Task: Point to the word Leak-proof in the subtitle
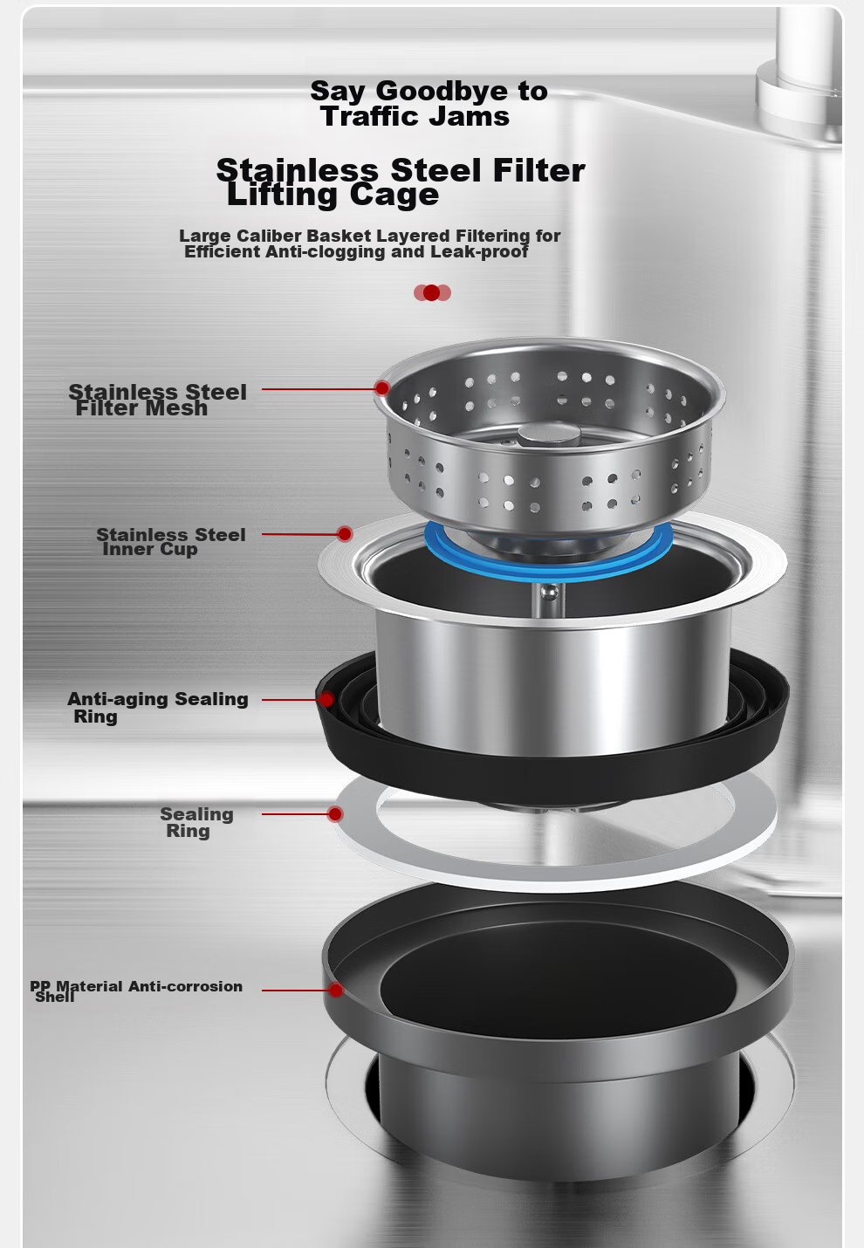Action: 479,252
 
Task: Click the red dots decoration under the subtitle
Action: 432,292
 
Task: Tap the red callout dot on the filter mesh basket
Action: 382,388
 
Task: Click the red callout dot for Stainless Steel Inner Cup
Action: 345,534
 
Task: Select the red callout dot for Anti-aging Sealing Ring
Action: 327,699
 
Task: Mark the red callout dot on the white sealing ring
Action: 335,814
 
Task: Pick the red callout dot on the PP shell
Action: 335,990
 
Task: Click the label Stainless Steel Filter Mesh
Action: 158,400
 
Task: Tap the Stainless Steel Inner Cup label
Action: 171,542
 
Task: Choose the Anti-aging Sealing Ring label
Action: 158,708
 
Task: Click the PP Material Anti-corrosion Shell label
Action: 136,991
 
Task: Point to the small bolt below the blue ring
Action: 549,593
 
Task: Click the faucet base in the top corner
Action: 799,103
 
